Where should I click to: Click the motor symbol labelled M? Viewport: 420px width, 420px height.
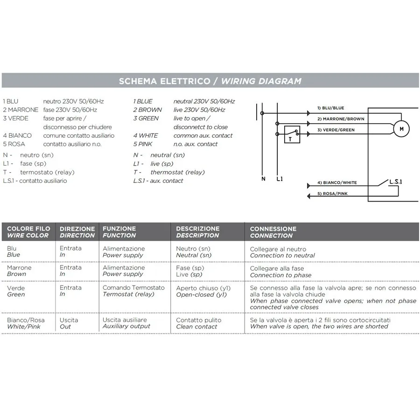click(x=401, y=129)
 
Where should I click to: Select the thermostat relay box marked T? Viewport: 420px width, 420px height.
click(x=292, y=134)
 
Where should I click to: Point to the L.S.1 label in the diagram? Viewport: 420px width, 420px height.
click(x=396, y=182)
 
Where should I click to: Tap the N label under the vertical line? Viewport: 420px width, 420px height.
click(x=263, y=179)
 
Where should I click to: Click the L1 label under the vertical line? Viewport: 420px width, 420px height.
click(x=280, y=179)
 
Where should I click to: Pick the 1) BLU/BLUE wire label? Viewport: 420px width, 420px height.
click(x=331, y=108)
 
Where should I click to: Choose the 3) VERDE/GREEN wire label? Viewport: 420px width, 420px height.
click(x=336, y=130)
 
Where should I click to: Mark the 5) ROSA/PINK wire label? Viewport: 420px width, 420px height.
click(x=332, y=193)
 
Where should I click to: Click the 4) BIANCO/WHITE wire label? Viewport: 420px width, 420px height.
click(x=337, y=182)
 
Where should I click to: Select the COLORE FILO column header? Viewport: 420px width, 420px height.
click(x=28, y=232)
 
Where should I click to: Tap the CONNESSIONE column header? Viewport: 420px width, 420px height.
click(x=273, y=232)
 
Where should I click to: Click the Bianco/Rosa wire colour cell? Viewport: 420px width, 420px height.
click(x=26, y=323)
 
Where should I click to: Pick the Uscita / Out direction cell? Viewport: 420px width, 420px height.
click(x=69, y=323)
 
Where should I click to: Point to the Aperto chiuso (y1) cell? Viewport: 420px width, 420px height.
click(x=203, y=291)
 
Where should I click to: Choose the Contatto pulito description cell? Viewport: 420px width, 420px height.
click(x=198, y=323)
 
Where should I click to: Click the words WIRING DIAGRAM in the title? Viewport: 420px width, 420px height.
click(x=261, y=81)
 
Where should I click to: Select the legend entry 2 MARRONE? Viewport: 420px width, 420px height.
click(x=21, y=110)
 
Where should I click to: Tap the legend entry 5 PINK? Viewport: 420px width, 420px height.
click(x=142, y=144)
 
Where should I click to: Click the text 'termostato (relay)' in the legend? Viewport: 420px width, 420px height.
click(x=48, y=172)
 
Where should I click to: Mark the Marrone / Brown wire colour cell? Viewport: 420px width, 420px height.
click(x=19, y=271)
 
